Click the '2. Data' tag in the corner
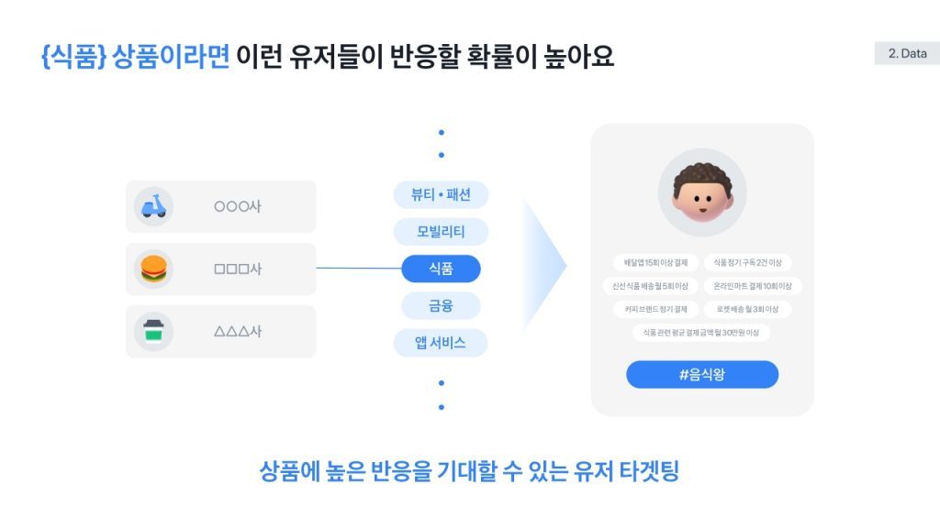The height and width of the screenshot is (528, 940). pyautogui.click(x=907, y=54)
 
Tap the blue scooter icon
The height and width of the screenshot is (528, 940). pyautogui.click(x=153, y=206)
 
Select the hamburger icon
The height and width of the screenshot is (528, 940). pyautogui.click(x=153, y=269)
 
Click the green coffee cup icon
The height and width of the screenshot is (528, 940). pyautogui.click(x=153, y=331)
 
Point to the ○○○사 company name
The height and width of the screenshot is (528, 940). pyautogui.click(x=238, y=207)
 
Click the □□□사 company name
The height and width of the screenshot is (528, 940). pyautogui.click(x=238, y=269)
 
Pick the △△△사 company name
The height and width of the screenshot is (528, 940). pyautogui.click(x=238, y=332)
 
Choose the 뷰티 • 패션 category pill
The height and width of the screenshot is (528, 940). pyautogui.click(x=441, y=195)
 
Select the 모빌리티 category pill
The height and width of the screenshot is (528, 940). pyautogui.click(x=441, y=232)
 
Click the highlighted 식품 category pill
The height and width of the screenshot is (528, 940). pyautogui.click(x=441, y=269)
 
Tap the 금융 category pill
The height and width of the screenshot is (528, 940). pyautogui.click(x=441, y=305)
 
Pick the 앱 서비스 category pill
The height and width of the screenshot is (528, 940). pyautogui.click(x=441, y=343)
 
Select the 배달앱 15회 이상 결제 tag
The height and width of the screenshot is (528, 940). pyautogui.click(x=656, y=263)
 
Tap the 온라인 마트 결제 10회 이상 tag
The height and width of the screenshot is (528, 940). pyautogui.click(x=752, y=286)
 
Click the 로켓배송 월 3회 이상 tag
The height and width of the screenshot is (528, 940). pyautogui.click(x=747, y=309)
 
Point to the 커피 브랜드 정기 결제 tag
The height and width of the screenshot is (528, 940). pyautogui.click(x=656, y=309)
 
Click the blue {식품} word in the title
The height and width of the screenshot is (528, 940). pyautogui.click(x=74, y=57)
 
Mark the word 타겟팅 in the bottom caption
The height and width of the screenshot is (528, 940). pyautogui.click(x=647, y=472)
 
